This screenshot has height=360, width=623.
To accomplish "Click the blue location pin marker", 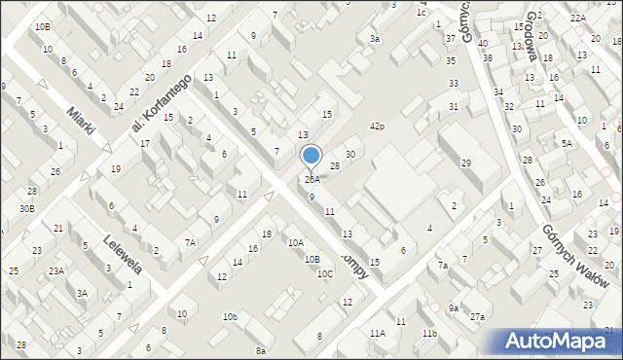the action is [311, 156].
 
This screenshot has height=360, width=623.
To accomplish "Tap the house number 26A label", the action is [311, 180].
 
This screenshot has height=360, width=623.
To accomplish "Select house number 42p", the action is [377, 126].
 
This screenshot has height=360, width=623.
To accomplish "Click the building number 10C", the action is [325, 273].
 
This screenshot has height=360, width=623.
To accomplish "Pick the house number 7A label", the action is [191, 242].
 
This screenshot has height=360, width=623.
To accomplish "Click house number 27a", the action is [477, 317].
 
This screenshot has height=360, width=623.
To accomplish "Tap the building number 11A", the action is [377, 334].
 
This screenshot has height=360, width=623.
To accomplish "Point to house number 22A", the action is [578, 18].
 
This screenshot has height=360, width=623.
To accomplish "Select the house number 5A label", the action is [566, 143].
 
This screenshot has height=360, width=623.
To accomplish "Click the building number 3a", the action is [375, 39].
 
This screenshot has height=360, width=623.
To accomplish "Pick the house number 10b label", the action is [230, 317].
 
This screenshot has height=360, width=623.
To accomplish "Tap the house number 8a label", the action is [261, 350].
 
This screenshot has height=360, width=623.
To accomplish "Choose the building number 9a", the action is [454, 308].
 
